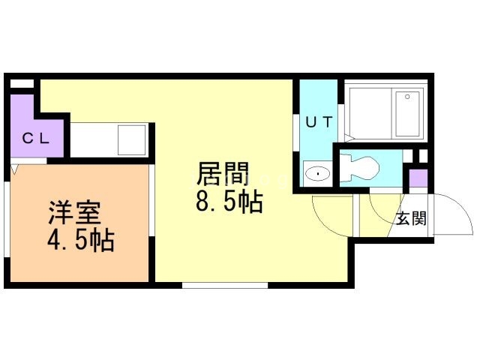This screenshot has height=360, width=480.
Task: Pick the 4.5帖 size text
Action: (79, 241)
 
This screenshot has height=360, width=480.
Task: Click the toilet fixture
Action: (361, 166)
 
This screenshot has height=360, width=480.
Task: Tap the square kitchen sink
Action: (132, 139)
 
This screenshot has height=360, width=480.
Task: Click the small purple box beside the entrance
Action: (418, 179)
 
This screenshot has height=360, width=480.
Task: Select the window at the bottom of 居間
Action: (225, 285)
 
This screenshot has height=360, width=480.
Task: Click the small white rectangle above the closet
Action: (23, 83)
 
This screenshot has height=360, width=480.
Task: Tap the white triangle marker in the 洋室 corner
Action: (15, 169)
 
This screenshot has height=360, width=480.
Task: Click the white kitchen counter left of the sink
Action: (94, 139)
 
